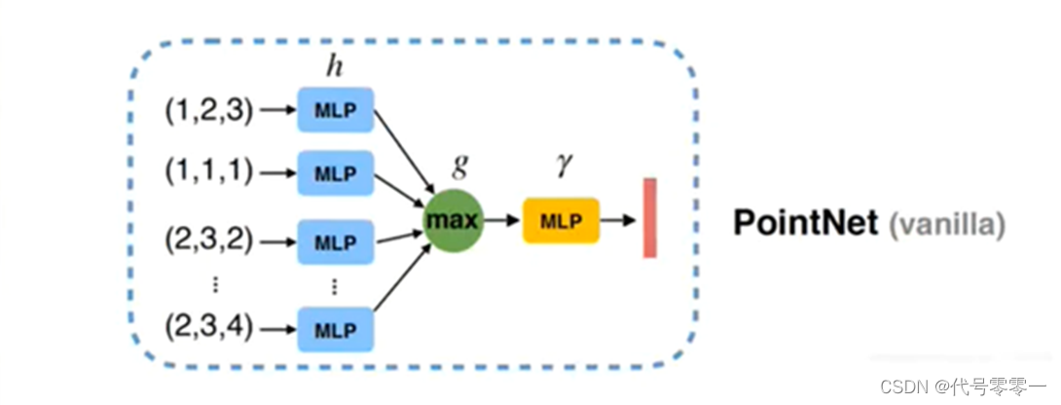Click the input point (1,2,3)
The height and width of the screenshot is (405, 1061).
pos(208,111)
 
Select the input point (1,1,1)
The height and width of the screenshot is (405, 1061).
pos(208,172)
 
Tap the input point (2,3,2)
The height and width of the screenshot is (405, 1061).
pos(208,236)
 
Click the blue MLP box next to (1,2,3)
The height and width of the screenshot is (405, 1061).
pos(335,111)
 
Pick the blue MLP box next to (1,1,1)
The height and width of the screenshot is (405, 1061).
pos(335,172)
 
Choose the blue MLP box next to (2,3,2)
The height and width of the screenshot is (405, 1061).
pos(335,239)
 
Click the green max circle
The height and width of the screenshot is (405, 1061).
pos(452,221)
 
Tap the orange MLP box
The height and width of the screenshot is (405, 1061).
pos(562,220)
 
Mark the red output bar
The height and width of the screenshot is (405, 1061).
pos(649,218)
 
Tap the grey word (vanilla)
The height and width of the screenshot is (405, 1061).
pos(944,225)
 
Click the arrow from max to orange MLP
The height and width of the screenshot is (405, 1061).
pos(502,221)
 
